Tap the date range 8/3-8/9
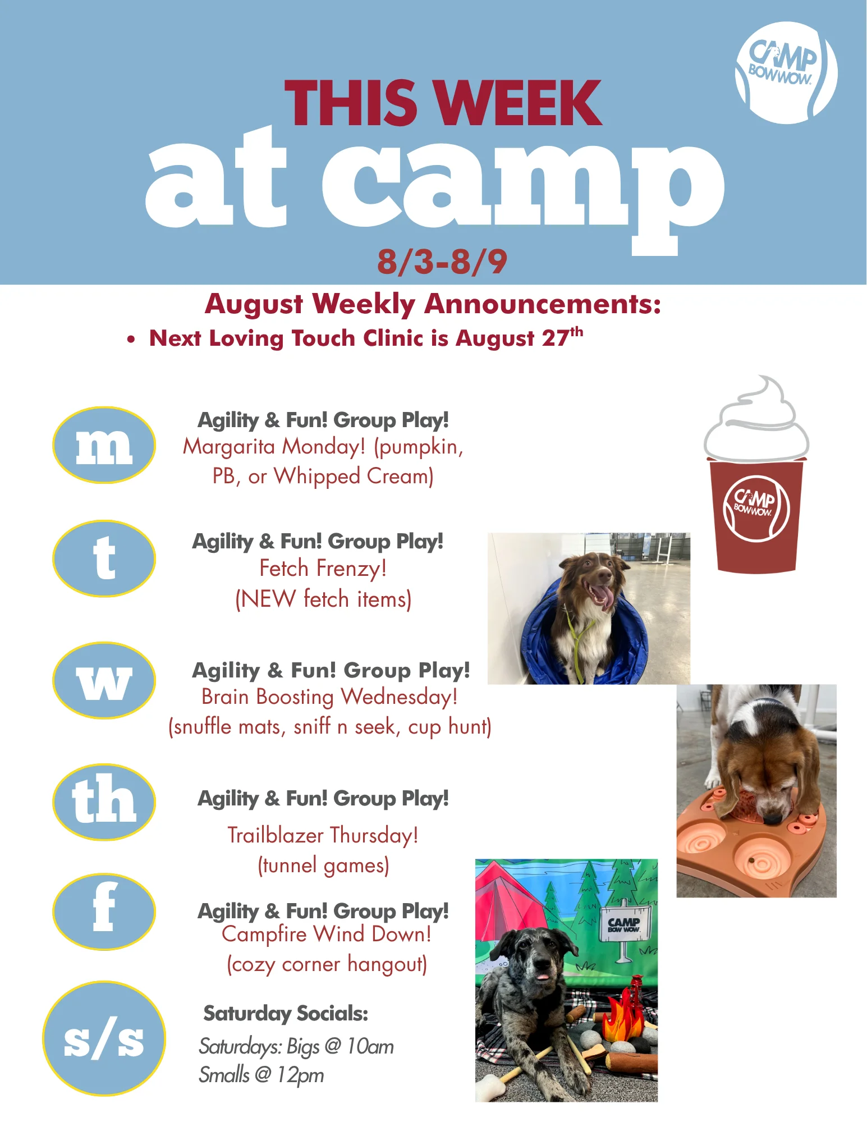[442, 262]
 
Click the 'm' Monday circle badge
[104, 445]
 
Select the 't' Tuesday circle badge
[104, 558]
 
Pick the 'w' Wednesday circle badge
[104, 680]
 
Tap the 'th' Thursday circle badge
[104, 802]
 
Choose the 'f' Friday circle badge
[104, 912]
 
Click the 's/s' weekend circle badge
[104, 1038]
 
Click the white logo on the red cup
[756, 509]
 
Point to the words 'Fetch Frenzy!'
[323, 568]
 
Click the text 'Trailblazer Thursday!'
[323, 835]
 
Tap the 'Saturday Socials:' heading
[286, 1013]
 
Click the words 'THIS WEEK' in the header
[443, 103]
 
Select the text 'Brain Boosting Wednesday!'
[329, 697]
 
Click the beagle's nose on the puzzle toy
[776, 818]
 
